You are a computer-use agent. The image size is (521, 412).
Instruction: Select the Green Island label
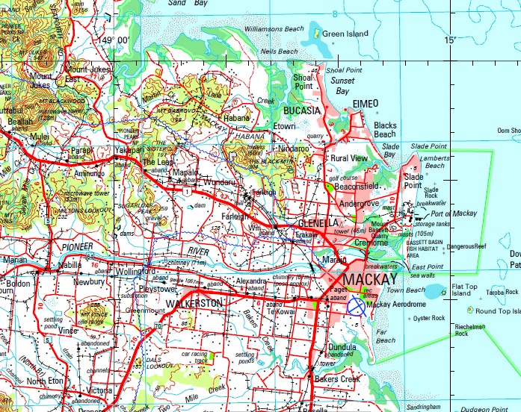[345, 34]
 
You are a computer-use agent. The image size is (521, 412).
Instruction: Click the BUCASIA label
[301, 110]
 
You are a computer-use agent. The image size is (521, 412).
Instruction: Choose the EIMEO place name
[366, 102]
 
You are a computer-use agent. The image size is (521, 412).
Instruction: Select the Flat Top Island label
[464, 290]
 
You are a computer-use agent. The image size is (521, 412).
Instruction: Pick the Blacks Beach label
[385, 130]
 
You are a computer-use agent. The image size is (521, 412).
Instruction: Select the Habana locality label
[237, 117]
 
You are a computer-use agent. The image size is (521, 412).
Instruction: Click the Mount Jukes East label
[87, 74]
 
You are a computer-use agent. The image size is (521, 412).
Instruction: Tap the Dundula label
[342, 346]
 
